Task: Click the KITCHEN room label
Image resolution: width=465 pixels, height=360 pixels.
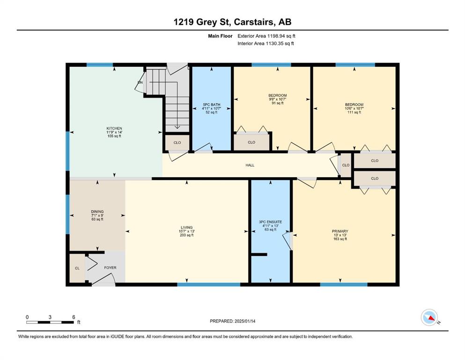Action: click(114, 128)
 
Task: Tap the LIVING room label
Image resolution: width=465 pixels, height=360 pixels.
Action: click(187, 228)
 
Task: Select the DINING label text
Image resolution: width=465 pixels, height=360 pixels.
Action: click(97, 211)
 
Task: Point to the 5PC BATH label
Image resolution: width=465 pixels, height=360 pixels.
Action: click(212, 105)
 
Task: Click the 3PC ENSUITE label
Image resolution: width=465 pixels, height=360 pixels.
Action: click(271, 222)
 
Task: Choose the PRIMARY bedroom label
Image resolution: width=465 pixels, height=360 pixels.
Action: click(340, 232)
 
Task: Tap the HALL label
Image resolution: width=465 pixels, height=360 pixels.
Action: click(250, 165)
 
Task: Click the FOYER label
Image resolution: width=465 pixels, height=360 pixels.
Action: click(111, 268)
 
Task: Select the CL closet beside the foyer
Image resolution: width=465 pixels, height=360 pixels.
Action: click(77, 268)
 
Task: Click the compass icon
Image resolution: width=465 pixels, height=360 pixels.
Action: click(429, 317)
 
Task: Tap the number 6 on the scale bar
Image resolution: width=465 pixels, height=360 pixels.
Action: click(74, 317)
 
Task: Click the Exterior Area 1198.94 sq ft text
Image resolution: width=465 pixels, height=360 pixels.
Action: click(266, 36)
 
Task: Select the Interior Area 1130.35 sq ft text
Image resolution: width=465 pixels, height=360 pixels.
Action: click(266, 43)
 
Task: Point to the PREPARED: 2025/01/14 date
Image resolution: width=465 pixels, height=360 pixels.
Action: click(232, 321)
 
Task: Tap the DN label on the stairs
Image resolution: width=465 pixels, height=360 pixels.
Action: click(140, 82)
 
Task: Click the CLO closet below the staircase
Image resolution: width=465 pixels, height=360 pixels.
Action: click(177, 143)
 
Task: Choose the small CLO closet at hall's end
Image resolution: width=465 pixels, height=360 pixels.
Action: click(346, 165)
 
